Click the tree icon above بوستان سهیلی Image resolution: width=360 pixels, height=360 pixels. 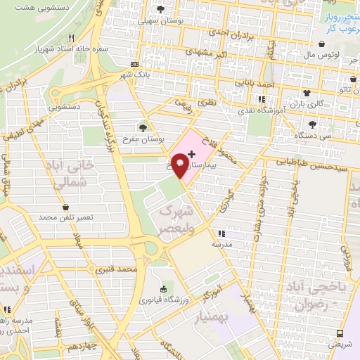click(162, 10)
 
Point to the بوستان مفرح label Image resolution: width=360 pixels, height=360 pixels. click(143, 139)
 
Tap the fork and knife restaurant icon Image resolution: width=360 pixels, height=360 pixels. click(71, 39)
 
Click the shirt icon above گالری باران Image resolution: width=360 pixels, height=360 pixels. click(307, 93)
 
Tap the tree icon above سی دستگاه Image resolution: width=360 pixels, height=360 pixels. click(313, 124)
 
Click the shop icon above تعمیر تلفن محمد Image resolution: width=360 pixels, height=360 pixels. click(65, 207)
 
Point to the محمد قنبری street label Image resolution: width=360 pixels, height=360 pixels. click(116, 269)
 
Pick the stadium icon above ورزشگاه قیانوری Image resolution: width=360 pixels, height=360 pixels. click(163, 289)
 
